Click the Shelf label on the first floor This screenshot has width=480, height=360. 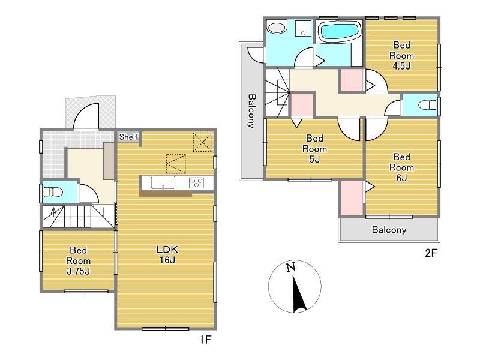tap(128, 137)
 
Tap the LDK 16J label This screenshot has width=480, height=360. tap(167, 254)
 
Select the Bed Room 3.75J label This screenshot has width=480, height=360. tap(79, 260)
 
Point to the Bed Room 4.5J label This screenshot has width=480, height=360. tap(401, 55)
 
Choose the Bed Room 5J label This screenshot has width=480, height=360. tap(314, 149)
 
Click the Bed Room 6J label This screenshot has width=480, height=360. tap(401, 167)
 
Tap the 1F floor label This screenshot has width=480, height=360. tap(205, 340)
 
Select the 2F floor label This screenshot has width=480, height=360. tap(431, 253)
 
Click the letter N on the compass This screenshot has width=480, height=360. tap(291, 267)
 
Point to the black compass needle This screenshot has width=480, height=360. tap(298, 294)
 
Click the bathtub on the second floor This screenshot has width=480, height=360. tap(339, 32)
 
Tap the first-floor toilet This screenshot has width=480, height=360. tap(53, 192)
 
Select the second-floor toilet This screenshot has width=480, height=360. tap(427, 105)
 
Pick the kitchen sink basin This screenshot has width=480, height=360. tap(163, 183)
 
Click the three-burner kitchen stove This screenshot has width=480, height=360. tap(197, 183)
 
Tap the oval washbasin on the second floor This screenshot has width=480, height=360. tap(277, 27)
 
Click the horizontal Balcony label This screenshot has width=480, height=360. tap(389, 230)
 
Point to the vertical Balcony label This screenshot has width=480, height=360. tap(251, 111)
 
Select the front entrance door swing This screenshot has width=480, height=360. tap(86, 116)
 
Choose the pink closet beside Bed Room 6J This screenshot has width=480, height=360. tap(352, 199)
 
